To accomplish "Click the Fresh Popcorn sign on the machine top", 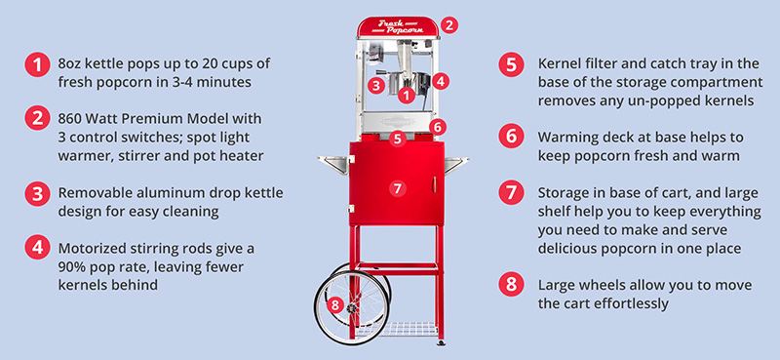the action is (399, 27).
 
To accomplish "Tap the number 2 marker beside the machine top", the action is (448, 25).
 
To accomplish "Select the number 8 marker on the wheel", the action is (335, 304).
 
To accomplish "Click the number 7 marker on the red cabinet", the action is (397, 188).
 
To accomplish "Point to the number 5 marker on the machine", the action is (397, 139).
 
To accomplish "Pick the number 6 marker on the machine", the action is (437, 127).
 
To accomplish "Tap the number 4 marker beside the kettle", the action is (441, 81).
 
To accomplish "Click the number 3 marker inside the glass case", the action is (376, 85).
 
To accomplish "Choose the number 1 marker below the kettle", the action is (407, 95).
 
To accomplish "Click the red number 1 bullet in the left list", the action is (37, 64).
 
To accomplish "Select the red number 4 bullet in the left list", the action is (37, 247).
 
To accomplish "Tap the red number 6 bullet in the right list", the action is (511, 137).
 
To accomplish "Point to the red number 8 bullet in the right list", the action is (511, 285).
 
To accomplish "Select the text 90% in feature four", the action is (73, 267).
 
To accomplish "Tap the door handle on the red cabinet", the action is (434, 184).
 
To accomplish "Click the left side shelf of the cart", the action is (333, 164).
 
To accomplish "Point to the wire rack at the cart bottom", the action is (397, 328).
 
